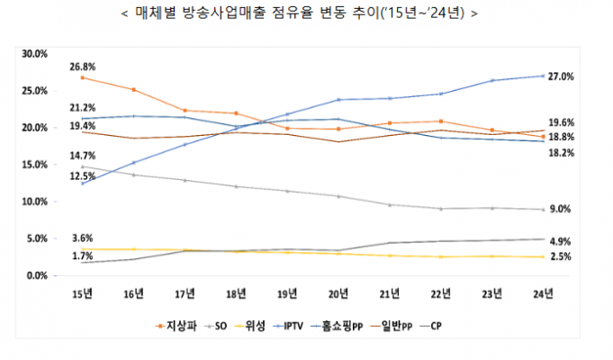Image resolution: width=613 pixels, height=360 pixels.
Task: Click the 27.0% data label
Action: [x=561, y=76]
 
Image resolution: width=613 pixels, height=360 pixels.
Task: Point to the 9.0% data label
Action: [x=560, y=209]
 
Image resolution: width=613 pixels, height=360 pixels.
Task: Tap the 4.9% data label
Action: [x=560, y=241]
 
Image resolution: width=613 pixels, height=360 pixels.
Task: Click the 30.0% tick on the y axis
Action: [x=34, y=54]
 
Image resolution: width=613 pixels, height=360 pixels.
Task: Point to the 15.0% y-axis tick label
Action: [x=34, y=165]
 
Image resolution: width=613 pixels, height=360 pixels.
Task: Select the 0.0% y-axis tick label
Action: [x=36, y=275]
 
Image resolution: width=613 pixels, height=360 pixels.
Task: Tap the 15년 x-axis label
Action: [x=81, y=293]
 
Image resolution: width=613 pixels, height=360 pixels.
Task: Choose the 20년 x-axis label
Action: [x=338, y=293]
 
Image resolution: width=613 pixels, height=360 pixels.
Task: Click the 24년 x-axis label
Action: [x=544, y=293]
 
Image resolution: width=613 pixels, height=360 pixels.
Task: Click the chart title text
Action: [x=307, y=13]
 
